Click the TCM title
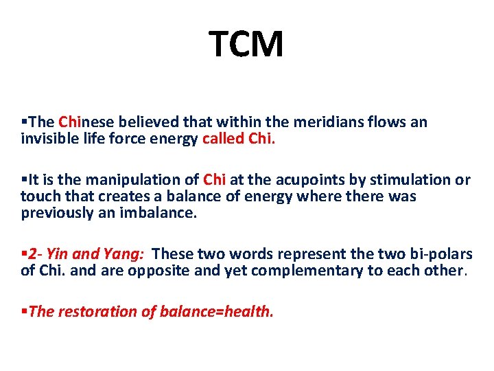pyautogui.click(x=246, y=45)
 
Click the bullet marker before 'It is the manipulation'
pyautogui.click(x=24, y=180)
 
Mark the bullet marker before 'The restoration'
pyautogui.click(x=24, y=312)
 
